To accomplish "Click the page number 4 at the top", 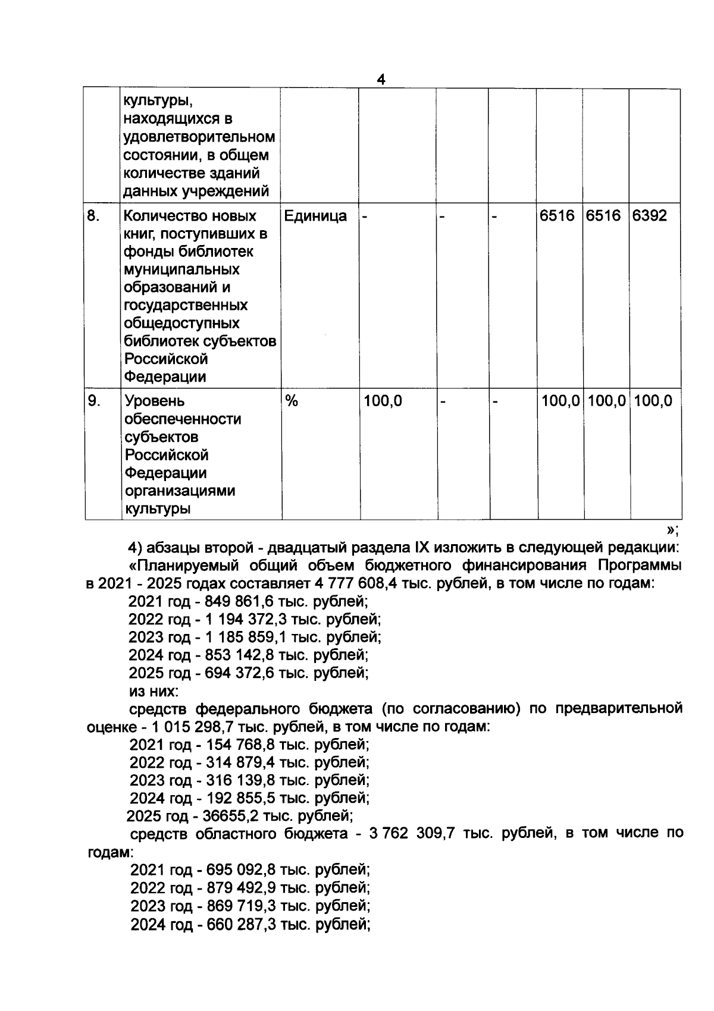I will (x=381, y=80).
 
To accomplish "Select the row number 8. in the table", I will (x=93, y=215).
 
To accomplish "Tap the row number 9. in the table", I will (x=94, y=401).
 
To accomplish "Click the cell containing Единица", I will (x=316, y=215).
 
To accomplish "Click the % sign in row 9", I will (x=292, y=401).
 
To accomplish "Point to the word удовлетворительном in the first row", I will (x=199, y=137).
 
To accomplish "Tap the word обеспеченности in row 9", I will (x=182, y=419).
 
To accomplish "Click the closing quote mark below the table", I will (x=671, y=529).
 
